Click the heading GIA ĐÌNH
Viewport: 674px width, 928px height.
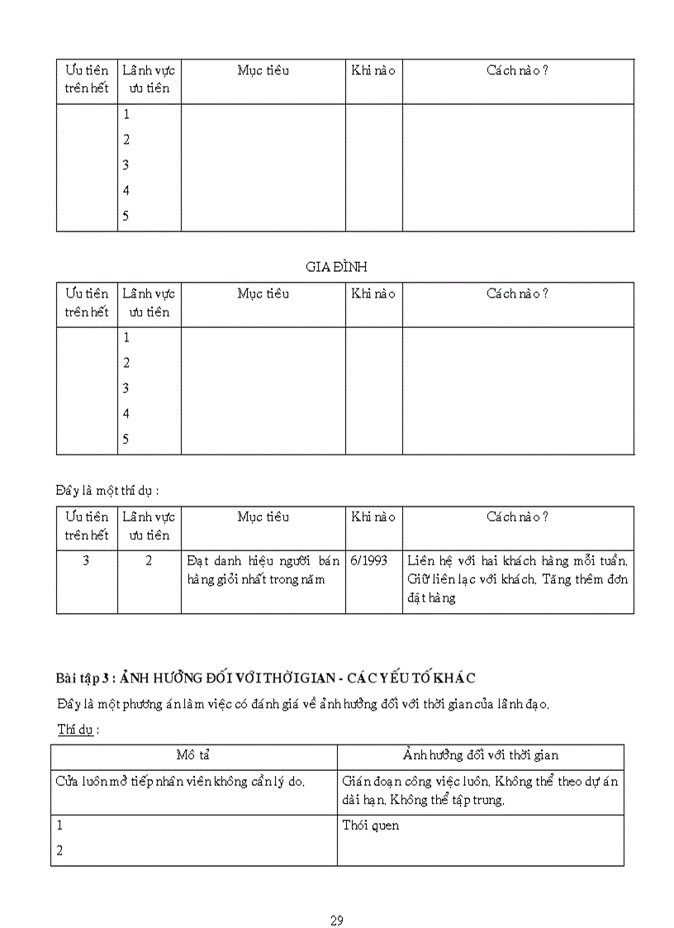point(336,267)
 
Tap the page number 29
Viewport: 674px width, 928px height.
point(336,921)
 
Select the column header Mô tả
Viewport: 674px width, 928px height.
point(193,755)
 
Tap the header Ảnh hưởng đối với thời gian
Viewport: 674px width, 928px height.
point(480,755)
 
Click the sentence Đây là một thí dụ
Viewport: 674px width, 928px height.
point(107,490)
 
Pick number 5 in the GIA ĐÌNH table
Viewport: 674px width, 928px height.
point(126,440)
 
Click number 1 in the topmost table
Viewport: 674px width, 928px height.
point(126,115)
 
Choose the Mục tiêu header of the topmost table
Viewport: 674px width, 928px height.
point(263,71)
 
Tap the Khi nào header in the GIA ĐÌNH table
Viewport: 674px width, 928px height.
point(373,294)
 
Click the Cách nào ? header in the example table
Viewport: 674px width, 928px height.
point(517,517)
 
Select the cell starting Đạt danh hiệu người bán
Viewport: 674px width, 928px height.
point(263,569)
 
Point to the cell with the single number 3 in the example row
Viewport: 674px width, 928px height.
point(87,560)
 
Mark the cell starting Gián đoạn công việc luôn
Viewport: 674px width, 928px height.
point(479,791)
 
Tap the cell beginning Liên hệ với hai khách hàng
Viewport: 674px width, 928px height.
point(517,578)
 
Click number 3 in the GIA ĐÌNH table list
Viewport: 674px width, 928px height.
point(126,388)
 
